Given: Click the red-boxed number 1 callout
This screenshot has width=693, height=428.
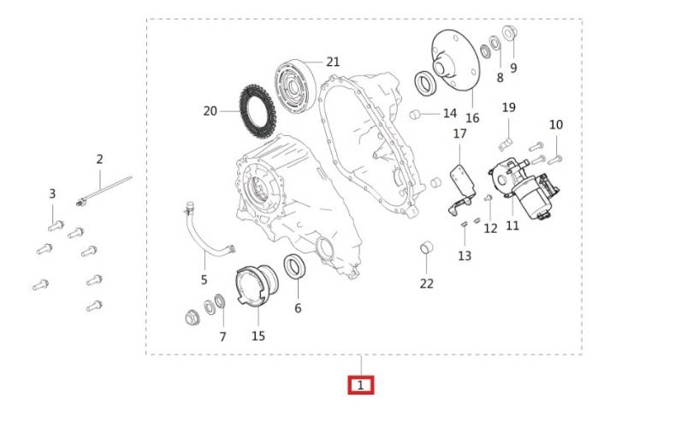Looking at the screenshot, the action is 361,385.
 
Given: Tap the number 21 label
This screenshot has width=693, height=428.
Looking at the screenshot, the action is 333,62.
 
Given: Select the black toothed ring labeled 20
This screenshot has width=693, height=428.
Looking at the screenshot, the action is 258,111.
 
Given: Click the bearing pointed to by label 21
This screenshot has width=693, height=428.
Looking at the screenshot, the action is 295,86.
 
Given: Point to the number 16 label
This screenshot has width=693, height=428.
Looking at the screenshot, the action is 472,118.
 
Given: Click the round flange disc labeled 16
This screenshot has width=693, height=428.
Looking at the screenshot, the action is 455,60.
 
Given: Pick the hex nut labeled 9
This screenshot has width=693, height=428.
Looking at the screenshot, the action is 510,33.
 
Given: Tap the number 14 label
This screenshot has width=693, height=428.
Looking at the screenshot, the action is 449,113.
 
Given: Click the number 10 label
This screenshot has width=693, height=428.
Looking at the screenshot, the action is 555,125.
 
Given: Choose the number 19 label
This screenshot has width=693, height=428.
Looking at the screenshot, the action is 509,108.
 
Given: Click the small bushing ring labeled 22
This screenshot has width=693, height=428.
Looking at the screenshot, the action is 427,248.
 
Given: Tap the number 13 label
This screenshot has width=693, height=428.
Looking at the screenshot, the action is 465,256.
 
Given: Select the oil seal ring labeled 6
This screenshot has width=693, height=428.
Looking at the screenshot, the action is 294,267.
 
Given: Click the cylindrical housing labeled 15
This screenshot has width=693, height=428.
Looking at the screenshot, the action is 257,285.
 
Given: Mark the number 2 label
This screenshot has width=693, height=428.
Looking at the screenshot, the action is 99,159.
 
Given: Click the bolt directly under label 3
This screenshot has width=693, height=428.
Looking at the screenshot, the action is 56,226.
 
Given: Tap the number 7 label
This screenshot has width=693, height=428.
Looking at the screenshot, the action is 222,337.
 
